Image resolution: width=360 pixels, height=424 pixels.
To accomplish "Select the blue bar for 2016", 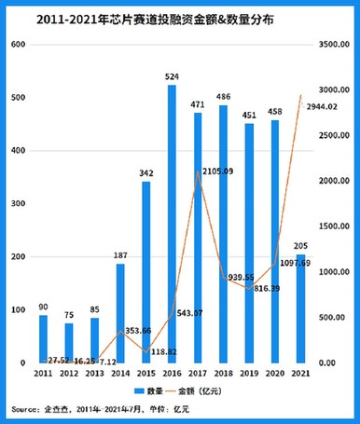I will [173, 224].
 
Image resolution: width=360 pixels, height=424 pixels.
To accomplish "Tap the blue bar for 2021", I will [300, 308].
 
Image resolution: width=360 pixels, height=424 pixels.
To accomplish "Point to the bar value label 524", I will [172, 76].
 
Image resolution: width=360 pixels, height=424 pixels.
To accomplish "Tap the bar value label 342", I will [147, 173].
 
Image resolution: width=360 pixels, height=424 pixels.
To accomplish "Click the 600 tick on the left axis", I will [18, 45].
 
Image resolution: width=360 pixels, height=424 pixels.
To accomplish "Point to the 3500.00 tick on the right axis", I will [333, 45].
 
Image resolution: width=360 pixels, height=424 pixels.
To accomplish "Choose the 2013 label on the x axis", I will [94, 373].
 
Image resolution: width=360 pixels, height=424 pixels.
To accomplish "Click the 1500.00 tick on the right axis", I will [333, 226].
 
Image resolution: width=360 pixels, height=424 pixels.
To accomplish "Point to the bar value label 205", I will [300, 246].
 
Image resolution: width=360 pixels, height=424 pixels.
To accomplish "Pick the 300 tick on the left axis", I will [18, 203].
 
